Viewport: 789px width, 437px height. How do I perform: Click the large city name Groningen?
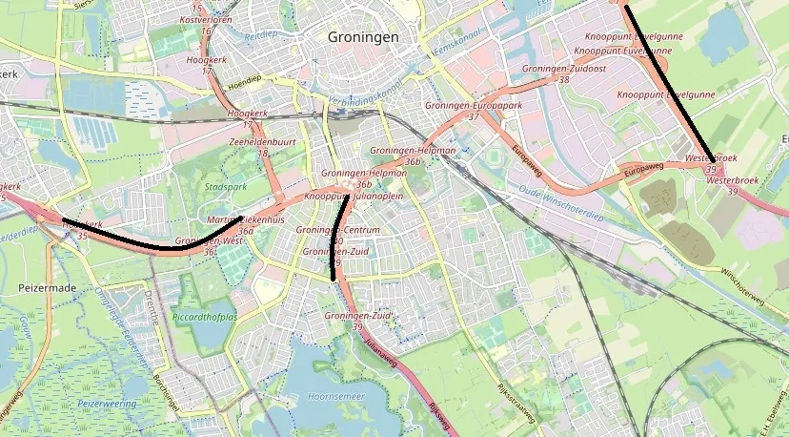click(362, 36)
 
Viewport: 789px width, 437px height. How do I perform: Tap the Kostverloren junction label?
click(207, 20)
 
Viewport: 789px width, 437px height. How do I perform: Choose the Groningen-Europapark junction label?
click(473, 105)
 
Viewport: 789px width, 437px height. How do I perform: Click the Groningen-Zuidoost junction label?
click(564, 70)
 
